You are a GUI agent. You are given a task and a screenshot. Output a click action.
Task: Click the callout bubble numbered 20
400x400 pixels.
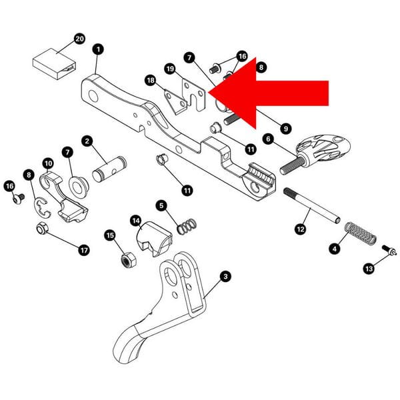click(79, 39)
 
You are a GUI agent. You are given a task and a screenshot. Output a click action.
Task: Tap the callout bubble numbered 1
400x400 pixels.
click(99, 49)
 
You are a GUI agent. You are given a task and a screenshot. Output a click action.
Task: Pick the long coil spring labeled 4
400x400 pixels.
click(360, 235)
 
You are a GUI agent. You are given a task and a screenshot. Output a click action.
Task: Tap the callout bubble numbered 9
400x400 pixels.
click(285, 127)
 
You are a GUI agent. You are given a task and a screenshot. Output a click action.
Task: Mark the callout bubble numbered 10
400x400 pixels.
click(48, 163)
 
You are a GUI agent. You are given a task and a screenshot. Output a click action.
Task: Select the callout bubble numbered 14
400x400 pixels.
click(136, 220)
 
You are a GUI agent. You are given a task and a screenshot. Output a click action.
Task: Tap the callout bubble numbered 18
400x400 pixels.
click(151, 80)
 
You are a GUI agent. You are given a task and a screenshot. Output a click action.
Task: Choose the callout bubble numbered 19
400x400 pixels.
click(171, 69)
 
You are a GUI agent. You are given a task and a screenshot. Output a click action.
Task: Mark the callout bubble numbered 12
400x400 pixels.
click(301, 229)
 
